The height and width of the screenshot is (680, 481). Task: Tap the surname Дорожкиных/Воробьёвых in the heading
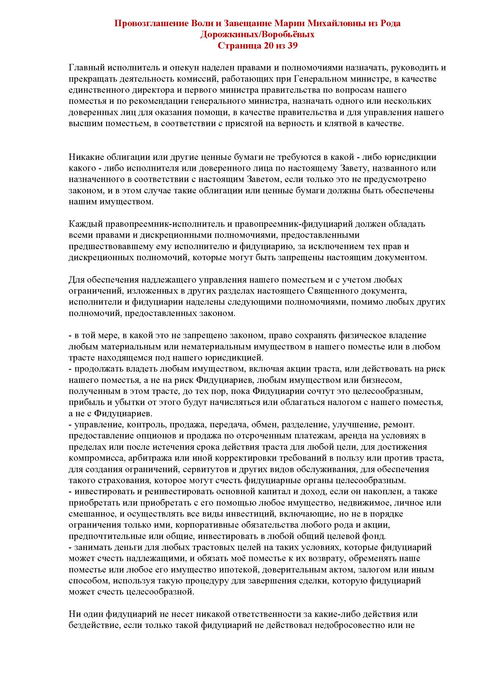tap(257, 34)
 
